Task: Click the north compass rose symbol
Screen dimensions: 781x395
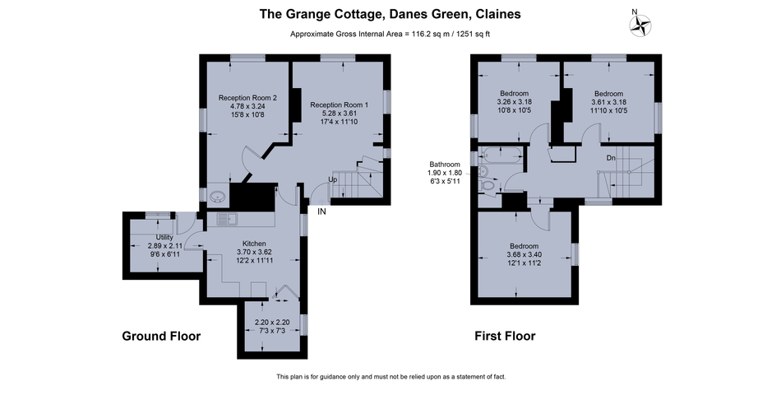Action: pyautogui.click(x=640, y=25)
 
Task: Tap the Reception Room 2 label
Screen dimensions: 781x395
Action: pyautogui.click(x=247, y=98)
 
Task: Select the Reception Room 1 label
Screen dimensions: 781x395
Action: pyautogui.click(x=340, y=105)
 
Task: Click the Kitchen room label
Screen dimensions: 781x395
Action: pyautogui.click(x=254, y=244)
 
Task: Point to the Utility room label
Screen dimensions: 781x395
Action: pyautogui.click(x=164, y=237)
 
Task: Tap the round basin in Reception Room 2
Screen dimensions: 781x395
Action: pyautogui.click(x=217, y=197)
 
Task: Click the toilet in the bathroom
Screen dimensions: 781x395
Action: pyautogui.click(x=488, y=186)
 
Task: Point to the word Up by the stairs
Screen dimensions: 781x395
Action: pyautogui.click(x=332, y=179)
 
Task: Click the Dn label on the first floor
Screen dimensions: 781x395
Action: pyautogui.click(x=611, y=158)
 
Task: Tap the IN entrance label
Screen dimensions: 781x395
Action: pyautogui.click(x=321, y=211)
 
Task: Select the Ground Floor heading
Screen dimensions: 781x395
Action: pyautogui.click(x=161, y=336)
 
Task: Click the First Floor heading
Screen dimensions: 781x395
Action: pyautogui.click(x=505, y=336)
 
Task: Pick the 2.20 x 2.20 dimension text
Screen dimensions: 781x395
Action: pyautogui.click(x=272, y=323)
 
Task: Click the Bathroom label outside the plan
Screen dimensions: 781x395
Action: pyautogui.click(x=445, y=164)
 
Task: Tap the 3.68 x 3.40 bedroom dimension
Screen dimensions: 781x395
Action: pyautogui.click(x=524, y=255)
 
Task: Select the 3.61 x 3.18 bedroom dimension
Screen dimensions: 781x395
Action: pyautogui.click(x=608, y=102)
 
